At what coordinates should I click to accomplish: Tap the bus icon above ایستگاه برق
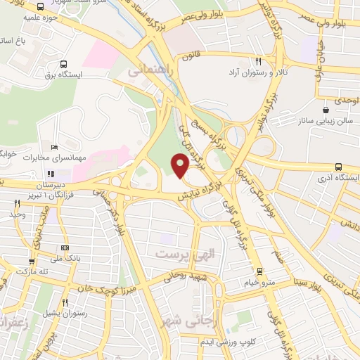point(64,63)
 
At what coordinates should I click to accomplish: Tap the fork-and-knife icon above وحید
point(16,202)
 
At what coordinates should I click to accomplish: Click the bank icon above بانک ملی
point(65,247)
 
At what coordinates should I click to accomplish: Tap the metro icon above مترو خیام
point(259,271)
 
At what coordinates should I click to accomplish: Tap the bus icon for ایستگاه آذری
point(339,167)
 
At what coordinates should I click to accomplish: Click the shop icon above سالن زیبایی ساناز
point(325,110)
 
